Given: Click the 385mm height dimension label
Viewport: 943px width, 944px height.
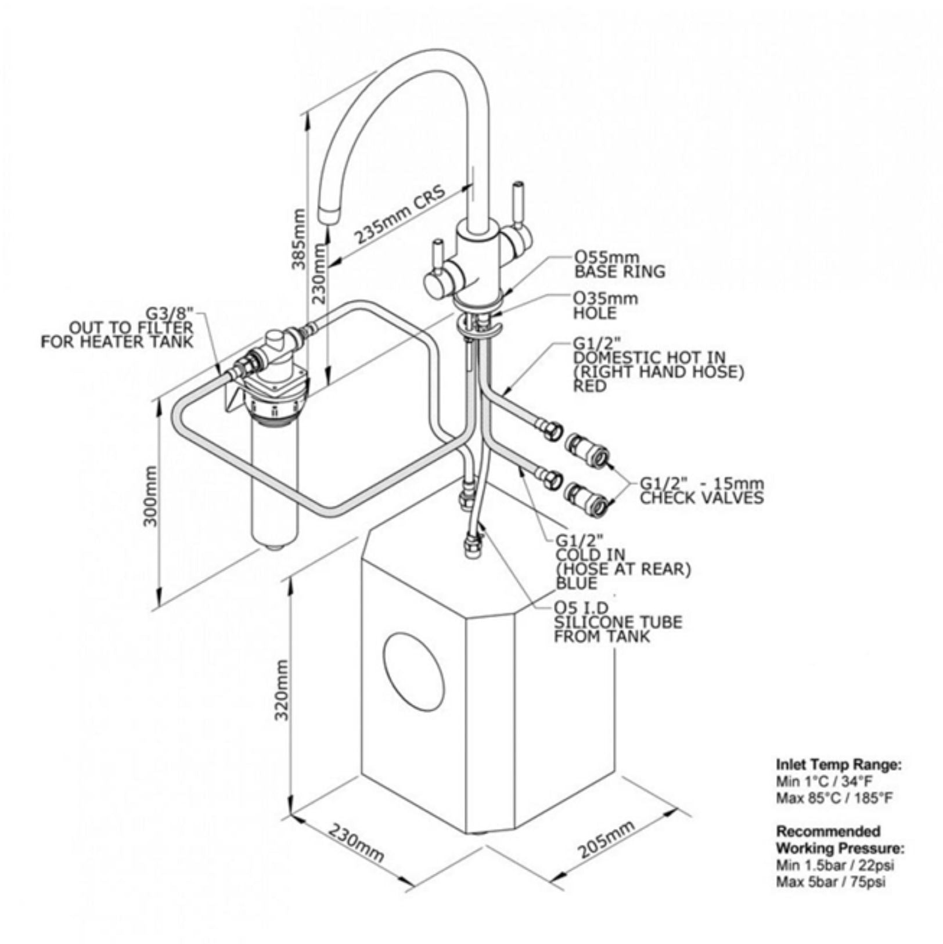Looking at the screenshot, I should [x=298, y=238].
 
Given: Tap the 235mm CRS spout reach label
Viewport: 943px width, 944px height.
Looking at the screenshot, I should [x=401, y=214].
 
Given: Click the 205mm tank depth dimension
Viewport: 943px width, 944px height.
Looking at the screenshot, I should [x=605, y=839].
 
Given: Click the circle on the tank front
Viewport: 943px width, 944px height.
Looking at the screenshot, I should [x=413, y=671].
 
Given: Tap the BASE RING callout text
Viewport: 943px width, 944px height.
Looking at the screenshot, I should [x=619, y=272].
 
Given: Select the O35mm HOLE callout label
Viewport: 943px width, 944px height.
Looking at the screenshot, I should [x=604, y=306].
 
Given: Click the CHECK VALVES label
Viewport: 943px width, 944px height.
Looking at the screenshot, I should [x=701, y=498].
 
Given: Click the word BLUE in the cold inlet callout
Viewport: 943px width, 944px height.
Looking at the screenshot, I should [x=576, y=582].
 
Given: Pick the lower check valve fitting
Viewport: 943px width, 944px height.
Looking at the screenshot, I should [x=585, y=498].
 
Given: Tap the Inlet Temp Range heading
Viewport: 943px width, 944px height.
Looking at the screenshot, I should [x=838, y=765].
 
